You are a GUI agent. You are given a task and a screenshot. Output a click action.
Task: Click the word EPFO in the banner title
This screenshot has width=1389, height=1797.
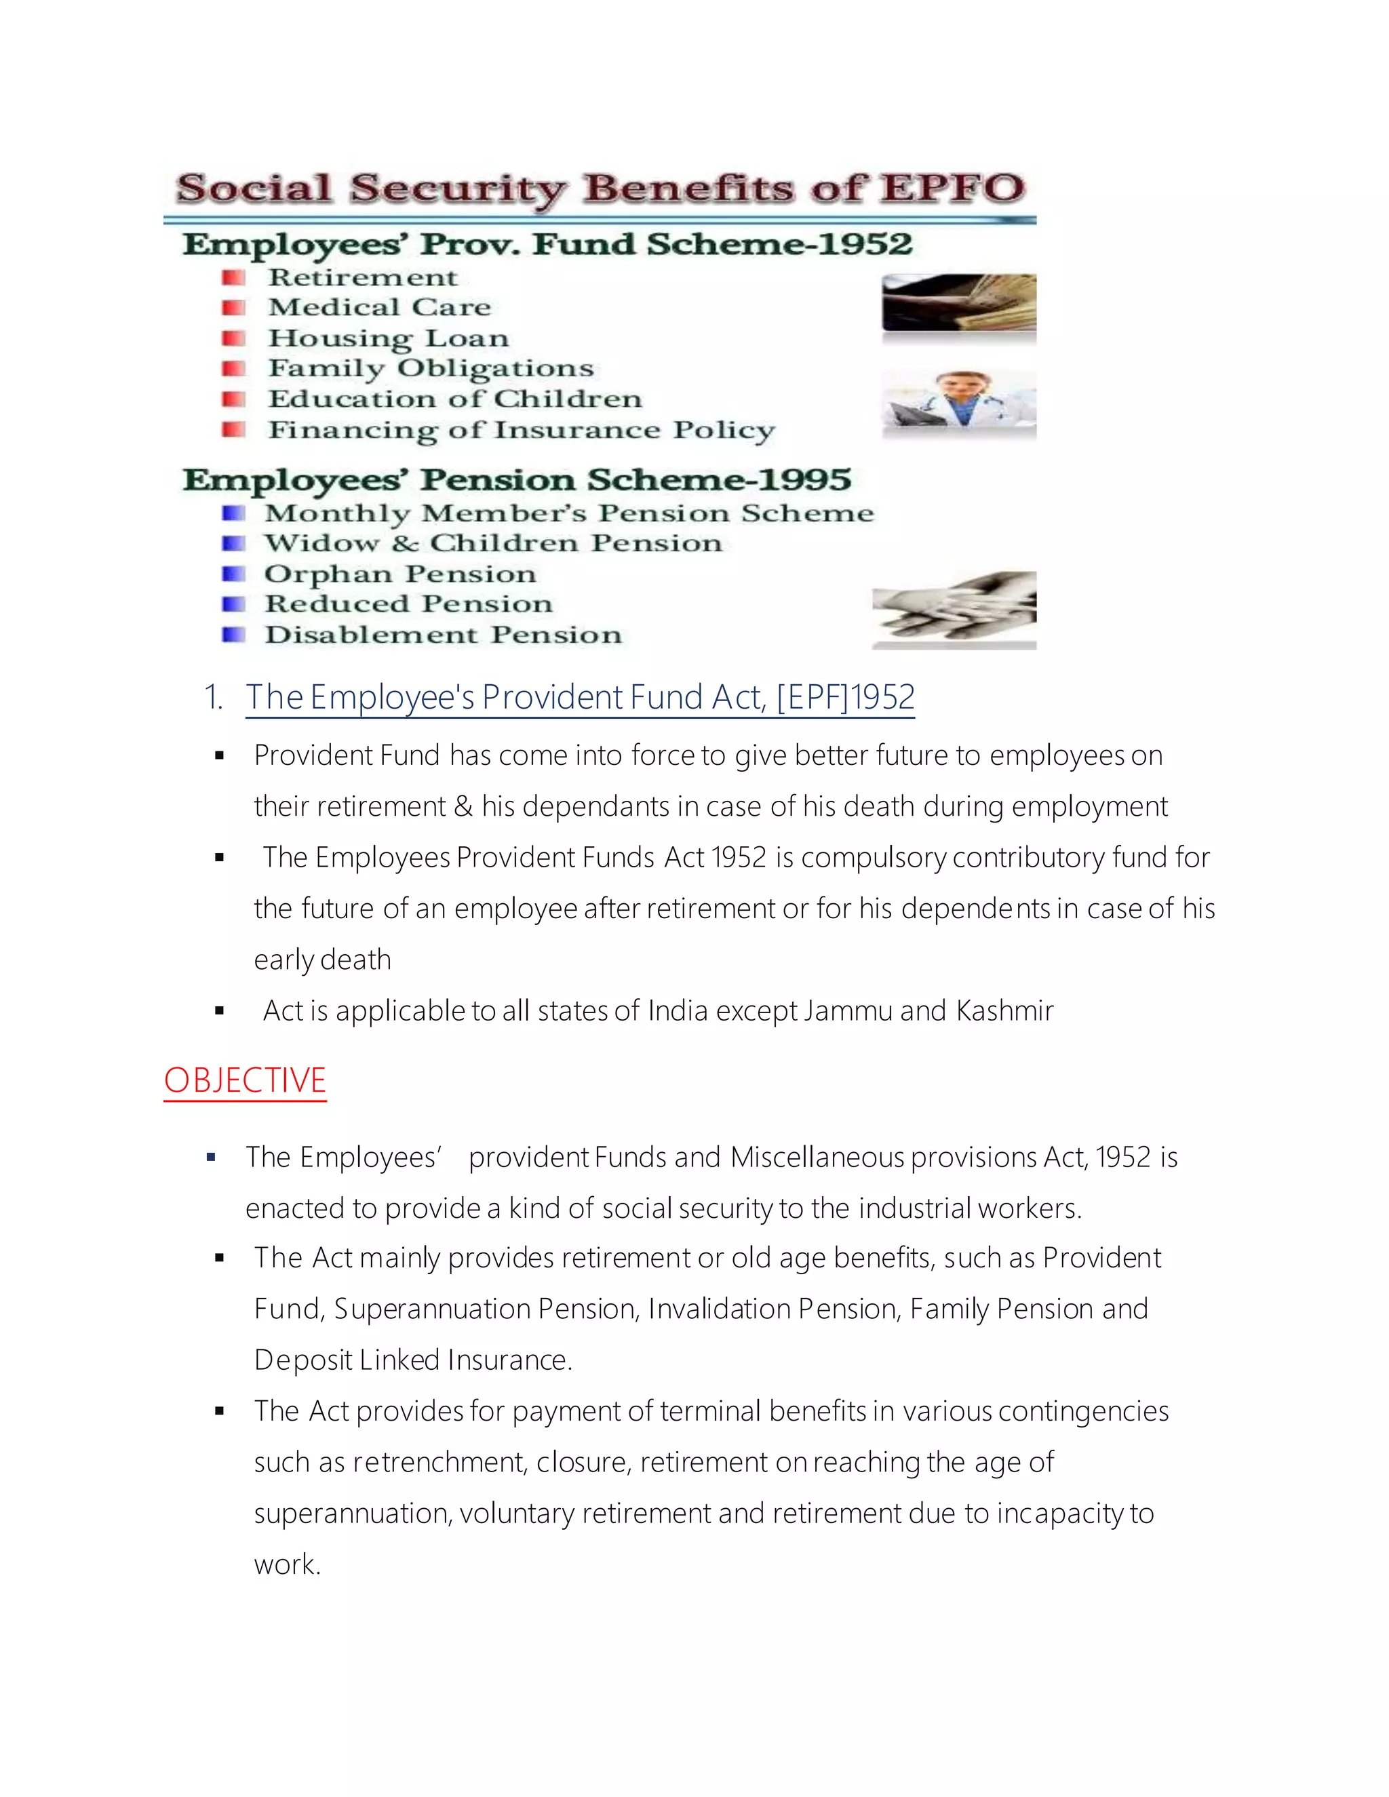[x=952, y=189]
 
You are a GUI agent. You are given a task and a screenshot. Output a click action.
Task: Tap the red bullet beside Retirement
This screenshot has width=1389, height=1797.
[x=234, y=277]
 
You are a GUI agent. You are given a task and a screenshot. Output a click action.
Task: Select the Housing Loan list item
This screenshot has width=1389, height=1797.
[x=389, y=338]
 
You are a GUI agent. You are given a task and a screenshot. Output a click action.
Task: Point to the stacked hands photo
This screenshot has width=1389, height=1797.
[x=954, y=610]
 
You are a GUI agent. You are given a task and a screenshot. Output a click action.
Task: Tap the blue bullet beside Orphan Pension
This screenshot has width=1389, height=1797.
[x=234, y=574]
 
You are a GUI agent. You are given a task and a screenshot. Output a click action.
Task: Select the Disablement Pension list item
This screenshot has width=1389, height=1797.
[x=443, y=635]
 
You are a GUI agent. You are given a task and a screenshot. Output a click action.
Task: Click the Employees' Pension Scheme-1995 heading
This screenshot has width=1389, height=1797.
[x=516, y=479]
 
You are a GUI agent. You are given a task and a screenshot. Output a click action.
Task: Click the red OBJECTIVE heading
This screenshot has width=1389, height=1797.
[x=246, y=1080]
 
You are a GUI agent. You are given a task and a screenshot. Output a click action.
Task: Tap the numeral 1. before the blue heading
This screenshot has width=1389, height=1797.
[x=214, y=698]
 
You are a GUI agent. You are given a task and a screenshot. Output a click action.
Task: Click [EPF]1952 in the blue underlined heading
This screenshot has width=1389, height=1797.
[x=845, y=698]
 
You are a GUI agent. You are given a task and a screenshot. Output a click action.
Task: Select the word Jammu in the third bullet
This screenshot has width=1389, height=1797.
[x=848, y=1010]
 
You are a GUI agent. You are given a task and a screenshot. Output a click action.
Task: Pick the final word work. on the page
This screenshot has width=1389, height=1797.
[x=287, y=1564]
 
